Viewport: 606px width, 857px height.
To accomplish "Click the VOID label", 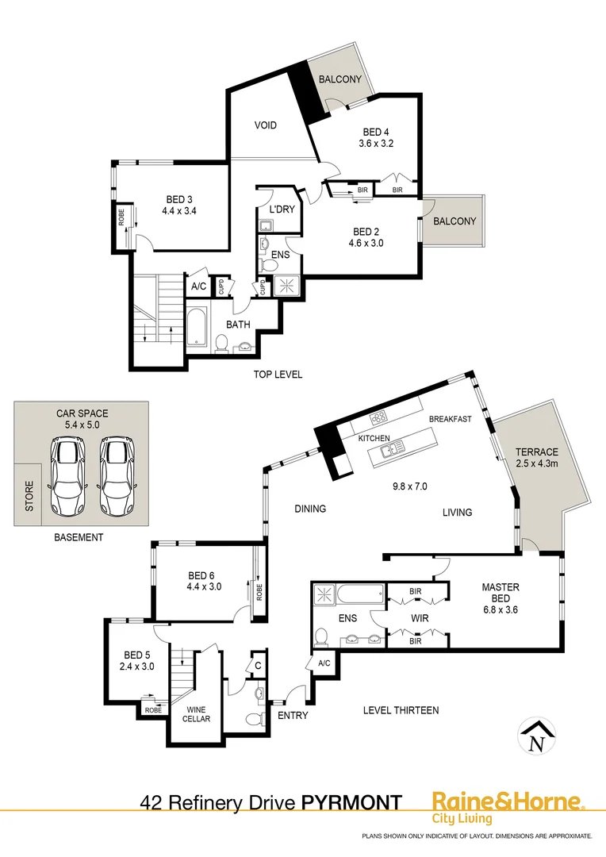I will [x=266, y=125].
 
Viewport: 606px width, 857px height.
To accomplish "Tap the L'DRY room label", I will [x=282, y=209].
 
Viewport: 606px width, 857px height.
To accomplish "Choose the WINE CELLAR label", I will [x=197, y=713].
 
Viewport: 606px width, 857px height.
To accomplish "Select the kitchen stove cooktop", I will [x=378, y=418].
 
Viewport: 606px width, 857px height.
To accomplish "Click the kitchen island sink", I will [x=389, y=451].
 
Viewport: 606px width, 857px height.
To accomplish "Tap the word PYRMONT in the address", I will [x=351, y=802].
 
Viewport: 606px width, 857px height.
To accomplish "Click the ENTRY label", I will [x=293, y=716].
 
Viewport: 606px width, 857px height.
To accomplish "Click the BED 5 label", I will [x=137, y=655].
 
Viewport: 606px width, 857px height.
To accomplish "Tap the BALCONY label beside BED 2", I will [x=454, y=221].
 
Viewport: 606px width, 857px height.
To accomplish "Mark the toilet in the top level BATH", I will [x=222, y=343].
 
